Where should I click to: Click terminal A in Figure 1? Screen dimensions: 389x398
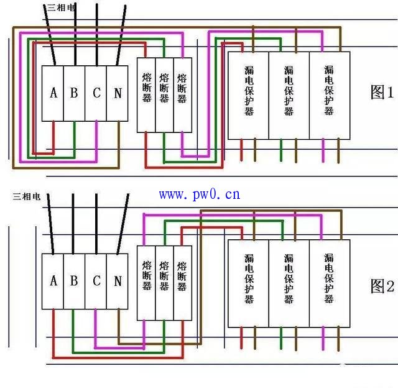[x=53, y=93]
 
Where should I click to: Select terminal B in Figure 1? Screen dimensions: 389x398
[x=74, y=93]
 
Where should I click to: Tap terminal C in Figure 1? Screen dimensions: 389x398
[x=96, y=93]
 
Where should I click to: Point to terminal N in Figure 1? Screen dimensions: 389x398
[x=117, y=93]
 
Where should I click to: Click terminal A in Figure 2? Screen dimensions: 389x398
[x=53, y=281]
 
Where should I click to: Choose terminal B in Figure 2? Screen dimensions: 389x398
[x=74, y=281]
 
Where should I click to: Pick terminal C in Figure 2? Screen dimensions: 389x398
[x=96, y=281]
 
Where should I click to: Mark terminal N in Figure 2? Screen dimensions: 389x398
[x=117, y=281]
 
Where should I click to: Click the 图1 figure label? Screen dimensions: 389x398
[x=382, y=93]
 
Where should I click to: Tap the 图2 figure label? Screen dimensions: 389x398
[x=382, y=286]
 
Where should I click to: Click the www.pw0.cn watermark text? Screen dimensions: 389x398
[x=199, y=194]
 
